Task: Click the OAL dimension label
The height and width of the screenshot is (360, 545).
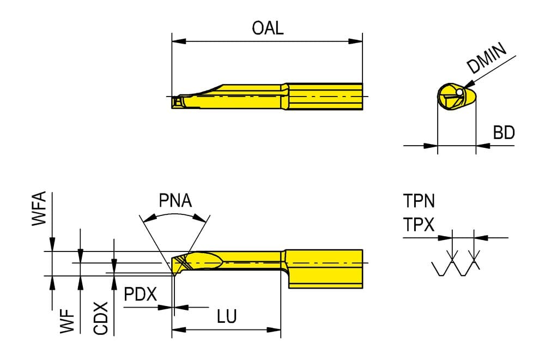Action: [x=268, y=28]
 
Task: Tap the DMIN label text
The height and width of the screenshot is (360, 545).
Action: [x=487, y=58]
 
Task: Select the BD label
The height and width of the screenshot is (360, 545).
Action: [x=504, y=133]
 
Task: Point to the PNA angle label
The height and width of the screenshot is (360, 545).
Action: [x=175, y=200]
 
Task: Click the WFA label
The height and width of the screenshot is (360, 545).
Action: [x=39, y=208]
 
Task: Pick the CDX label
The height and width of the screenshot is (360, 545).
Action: [x=101, y=319]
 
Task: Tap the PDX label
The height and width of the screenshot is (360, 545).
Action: [x=141, y=294]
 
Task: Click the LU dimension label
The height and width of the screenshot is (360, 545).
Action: [x=227, y=316]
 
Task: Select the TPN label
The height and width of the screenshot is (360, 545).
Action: [x=419, y=201]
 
